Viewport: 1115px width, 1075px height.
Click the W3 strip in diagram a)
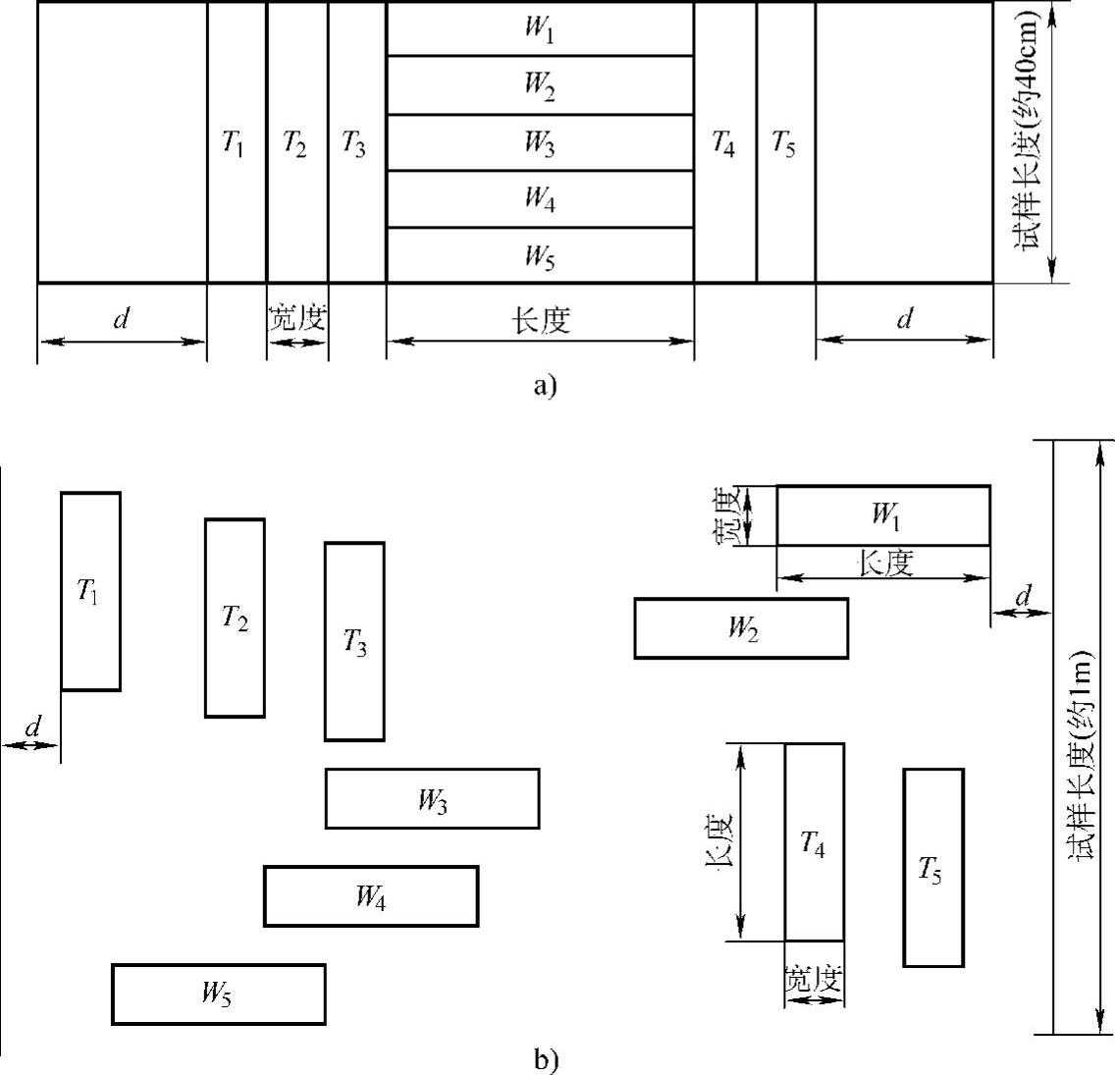(x=540, y=143)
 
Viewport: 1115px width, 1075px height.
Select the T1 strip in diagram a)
(x=237, y=143)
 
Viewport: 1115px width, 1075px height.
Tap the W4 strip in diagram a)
(x=540, y=199)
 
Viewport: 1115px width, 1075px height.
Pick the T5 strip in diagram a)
(x=785, y=143)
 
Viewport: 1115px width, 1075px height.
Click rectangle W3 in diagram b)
(x=432, y=799)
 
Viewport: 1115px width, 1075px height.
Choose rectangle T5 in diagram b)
(x=932, y=868)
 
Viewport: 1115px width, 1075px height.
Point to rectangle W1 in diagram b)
(x=883, y=515)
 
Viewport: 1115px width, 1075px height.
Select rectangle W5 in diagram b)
(x=218, y=994)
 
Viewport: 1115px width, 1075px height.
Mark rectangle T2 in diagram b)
(x=235, y=618)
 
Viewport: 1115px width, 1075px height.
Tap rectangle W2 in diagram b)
(x=741, y=628)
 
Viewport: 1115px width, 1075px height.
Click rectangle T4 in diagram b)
(x=814, y=842)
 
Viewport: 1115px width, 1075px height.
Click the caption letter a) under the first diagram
(x=545, y=386)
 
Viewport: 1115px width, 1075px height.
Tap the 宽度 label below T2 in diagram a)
(x=296, y=319)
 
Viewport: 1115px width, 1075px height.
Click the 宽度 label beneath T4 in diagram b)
(x=814, y=979)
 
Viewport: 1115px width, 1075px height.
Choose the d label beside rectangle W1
(x=1023, y=596)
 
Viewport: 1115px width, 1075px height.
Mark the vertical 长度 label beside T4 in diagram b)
(x=719, y=841)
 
